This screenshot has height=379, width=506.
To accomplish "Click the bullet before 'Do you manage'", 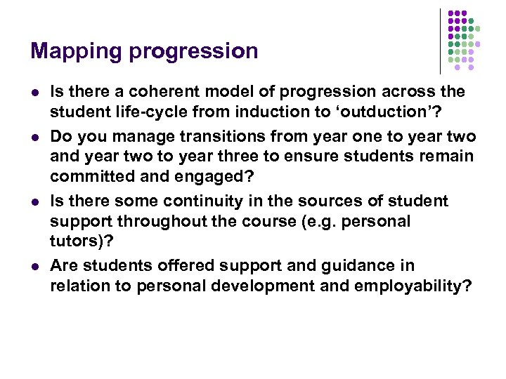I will coord(34,137).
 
